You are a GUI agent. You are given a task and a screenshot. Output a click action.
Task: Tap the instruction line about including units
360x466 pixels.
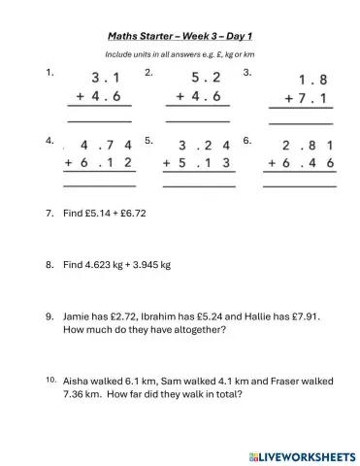(x=180, y=53)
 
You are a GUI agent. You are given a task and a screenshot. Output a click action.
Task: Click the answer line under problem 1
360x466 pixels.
(x=98, y=119)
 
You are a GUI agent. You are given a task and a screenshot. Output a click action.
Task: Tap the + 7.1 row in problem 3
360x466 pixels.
(x=302, y=101)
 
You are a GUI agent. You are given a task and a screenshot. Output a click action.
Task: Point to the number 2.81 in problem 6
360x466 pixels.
(x=309, y=148)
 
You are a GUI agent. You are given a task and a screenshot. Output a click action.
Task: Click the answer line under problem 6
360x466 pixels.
(x=299, y=185)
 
